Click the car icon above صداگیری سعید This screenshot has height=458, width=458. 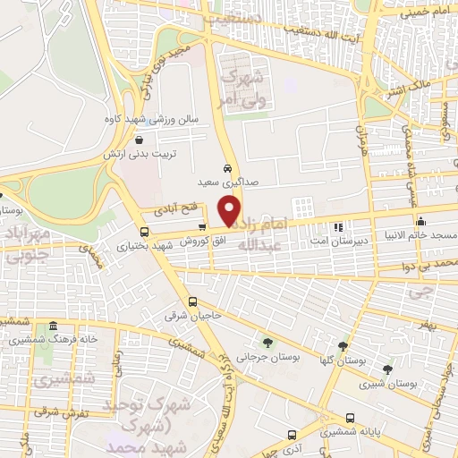click(x=229, y=168)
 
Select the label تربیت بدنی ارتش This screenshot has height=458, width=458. click(x=174, y=154)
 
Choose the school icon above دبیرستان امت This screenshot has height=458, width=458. click(x=337, y=227)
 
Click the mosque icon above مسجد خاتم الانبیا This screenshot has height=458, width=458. click(x=420, y=221)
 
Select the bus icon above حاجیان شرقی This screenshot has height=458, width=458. click(x=194, y=301)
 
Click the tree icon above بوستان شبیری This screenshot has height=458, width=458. click(x=387, y=369)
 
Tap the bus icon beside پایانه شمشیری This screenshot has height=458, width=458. click(x=350, y=418)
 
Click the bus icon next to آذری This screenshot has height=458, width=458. click(x=291, y=435)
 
